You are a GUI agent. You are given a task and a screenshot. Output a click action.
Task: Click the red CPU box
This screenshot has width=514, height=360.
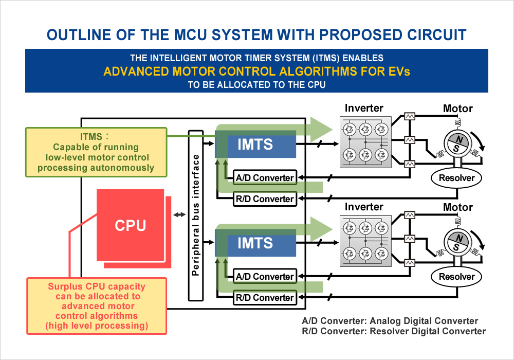click(130, 225)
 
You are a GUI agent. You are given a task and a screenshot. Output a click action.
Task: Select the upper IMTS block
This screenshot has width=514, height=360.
click(255, 145)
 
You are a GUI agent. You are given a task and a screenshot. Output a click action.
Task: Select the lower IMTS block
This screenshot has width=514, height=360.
click(255, 243)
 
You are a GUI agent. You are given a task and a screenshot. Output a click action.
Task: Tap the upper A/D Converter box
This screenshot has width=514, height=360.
click(265, 178)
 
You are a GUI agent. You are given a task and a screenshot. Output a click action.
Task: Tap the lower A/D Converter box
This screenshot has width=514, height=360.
click(265, 276)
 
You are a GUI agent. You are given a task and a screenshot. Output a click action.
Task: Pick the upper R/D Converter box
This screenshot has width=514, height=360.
click(265, 199)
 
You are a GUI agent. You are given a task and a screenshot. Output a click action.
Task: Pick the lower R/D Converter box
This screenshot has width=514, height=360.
click(265, 297)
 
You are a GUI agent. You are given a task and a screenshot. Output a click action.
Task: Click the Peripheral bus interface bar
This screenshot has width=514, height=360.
click(196, 215)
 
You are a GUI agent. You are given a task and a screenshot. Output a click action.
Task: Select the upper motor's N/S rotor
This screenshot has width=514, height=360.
click(456, 145)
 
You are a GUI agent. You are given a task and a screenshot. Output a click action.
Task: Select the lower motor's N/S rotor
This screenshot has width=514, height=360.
click(456, 243)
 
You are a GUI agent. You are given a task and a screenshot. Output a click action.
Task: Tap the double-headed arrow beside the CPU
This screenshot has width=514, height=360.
click(179, 215)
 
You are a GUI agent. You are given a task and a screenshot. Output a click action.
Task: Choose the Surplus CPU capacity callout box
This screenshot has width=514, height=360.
click(97, 305)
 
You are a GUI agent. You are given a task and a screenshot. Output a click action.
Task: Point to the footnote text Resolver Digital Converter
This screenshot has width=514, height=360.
click(428, 331)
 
